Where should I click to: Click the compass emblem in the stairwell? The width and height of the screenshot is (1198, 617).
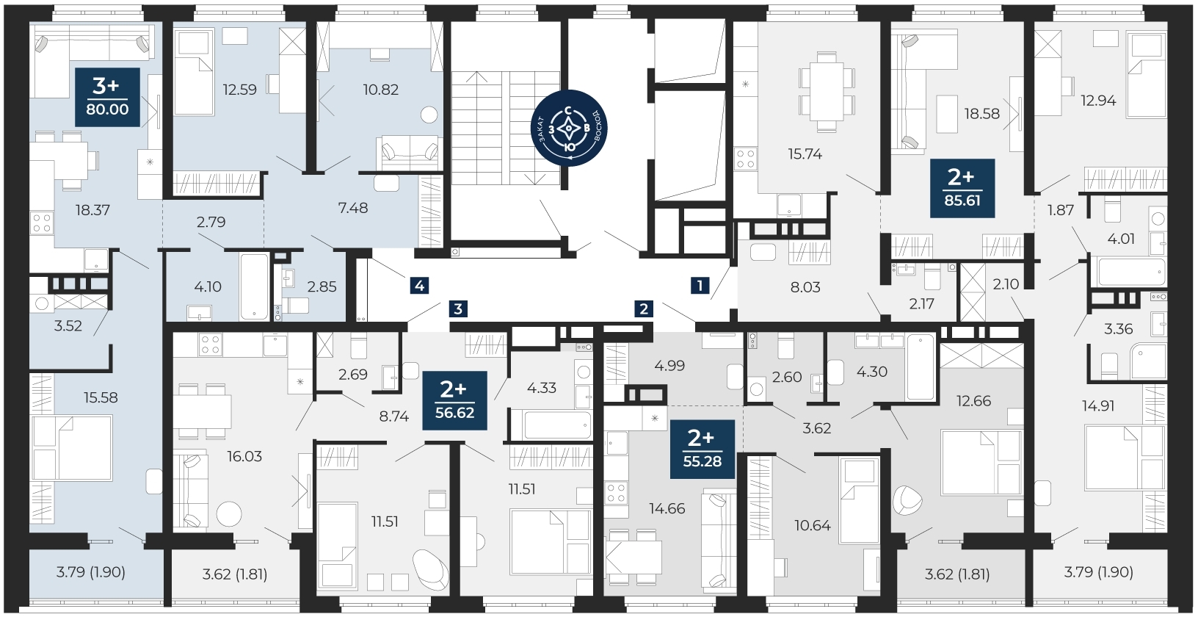[x=569, y=128]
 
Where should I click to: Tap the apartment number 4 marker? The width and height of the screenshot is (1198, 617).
[x=420, y=286]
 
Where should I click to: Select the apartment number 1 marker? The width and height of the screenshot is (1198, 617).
[x=700, y=286]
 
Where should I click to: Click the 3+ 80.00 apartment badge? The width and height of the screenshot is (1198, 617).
[x=107, y=98]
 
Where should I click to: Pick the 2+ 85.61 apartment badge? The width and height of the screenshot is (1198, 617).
[x=962, y=188]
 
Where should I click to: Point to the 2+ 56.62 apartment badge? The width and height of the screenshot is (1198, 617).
[x=454, y=400]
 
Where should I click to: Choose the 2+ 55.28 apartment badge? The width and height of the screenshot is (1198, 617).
[x=703, y=449]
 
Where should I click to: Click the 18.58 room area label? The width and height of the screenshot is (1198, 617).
[x=982, y=113]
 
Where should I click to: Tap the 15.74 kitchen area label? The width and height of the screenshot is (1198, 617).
[x=805, y=154]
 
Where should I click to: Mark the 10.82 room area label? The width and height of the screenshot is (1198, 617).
[x=381, y=90]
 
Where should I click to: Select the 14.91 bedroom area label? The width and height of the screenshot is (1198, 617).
[x=1098, y=405]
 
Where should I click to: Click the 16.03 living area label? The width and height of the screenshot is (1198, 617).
[x=244, y=456]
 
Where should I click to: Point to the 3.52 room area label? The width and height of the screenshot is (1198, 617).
[x=68, y=325]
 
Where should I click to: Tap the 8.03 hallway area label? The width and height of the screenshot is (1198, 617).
[x=805, y=286]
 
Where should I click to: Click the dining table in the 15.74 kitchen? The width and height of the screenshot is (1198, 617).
[x=827, y=92]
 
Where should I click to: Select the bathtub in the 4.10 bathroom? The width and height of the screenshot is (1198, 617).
[x=254, y=286]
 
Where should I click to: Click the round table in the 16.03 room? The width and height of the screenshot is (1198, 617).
[x=229, y=513]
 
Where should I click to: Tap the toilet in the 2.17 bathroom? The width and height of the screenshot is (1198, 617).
[x=932, y=277]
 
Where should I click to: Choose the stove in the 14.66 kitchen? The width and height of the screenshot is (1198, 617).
[x=616, y=492]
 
